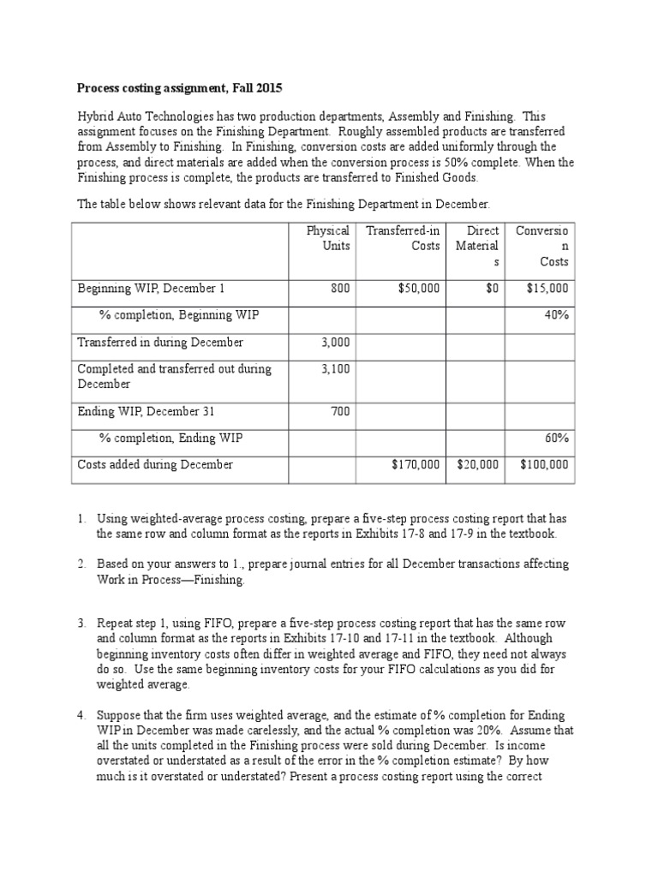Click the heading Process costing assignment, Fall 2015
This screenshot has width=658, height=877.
click(179, 87)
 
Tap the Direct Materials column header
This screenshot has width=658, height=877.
click(477, 246)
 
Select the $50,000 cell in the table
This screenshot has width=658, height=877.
click(419, 289)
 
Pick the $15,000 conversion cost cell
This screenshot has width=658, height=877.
click(547, 289)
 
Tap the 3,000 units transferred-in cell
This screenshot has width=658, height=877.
click(336, 342)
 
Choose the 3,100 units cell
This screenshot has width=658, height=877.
click(336, 368)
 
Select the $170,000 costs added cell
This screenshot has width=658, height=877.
click(416, 464)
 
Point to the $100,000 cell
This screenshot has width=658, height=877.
click(543, 464)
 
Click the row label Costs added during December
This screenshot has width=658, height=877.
click(155, 464)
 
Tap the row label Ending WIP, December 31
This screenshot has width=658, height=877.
click(147, 411)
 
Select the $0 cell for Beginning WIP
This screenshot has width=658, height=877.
click(492, 289)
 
